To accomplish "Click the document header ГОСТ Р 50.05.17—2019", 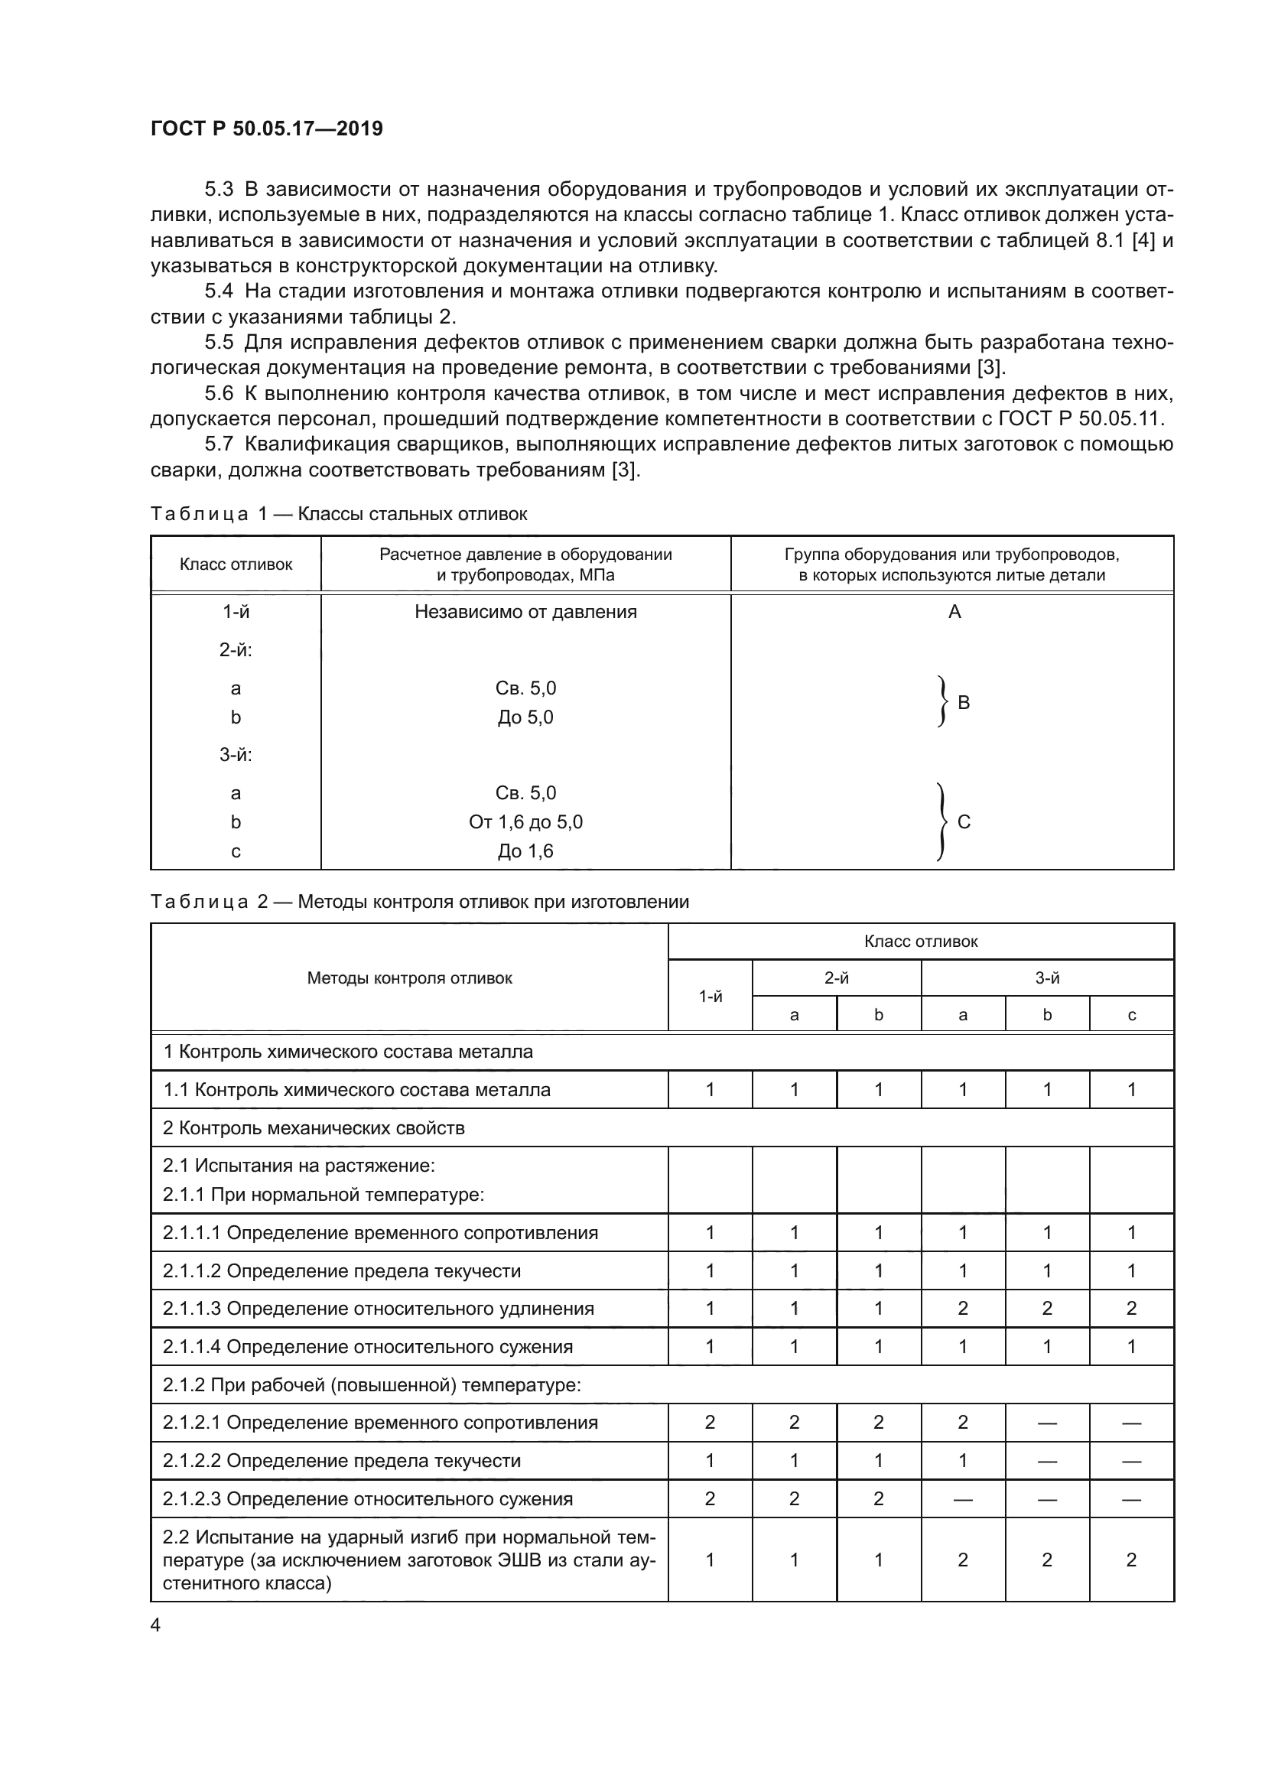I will tap(266, 129).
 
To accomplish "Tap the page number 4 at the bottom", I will tap(156, 1625).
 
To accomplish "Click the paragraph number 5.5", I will tap(219, 342).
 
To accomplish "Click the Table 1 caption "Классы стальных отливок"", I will tap(412, 514).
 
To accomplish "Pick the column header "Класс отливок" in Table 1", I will tap(236, 564).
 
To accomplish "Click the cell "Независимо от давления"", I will tap(525, 612).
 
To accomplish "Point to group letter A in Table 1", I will tap(954, 612).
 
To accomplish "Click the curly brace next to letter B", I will tap(942, 702).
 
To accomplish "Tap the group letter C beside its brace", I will tap(964, 822).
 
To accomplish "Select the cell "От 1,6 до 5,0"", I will tap(525, 822).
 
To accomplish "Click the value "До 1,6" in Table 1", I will tap(525, 851).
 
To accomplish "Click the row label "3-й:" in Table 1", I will tap(236, 754).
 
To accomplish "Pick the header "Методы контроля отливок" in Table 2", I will tap(410, 979).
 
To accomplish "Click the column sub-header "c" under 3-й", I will tap(1131, 1014).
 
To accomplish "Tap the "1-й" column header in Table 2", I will tap(710, 997).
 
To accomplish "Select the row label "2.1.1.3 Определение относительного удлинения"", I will tap(379, 1309).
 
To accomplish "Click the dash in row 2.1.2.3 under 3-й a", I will tap(963, 1499).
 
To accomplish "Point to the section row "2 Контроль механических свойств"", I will tap(314, 1128).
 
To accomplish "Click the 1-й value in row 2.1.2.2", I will tap(710, 1461).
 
